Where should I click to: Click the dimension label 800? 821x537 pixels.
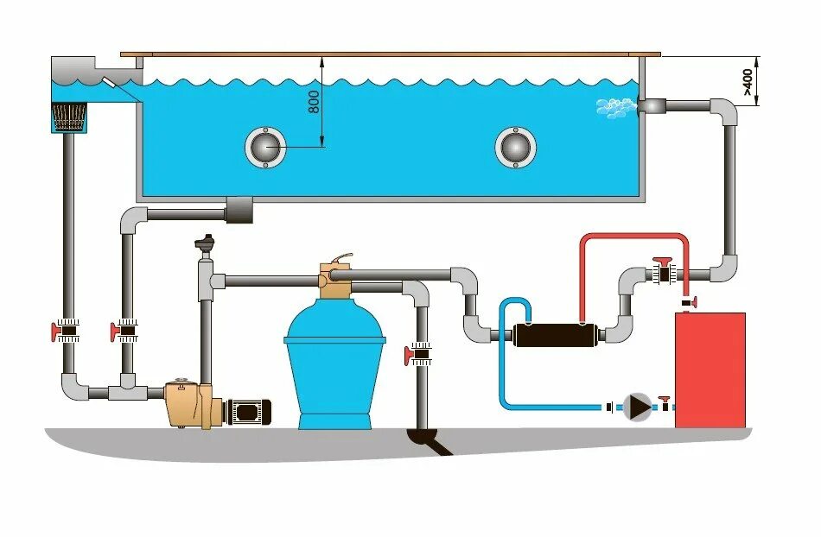[x=314, y=101]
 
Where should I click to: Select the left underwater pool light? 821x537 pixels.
[x=265, y=147]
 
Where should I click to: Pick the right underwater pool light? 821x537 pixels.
[x=515, y=147]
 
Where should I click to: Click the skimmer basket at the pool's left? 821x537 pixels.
[x=70, y=117]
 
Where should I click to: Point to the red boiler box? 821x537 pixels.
[x=710, y=369]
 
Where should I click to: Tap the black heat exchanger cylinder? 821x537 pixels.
[x=552, y=333]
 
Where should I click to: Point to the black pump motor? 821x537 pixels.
[x=249, y=410]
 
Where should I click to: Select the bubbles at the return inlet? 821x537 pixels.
[x=614, y=107]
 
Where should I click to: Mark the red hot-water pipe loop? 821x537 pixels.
[x=633, y=238]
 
